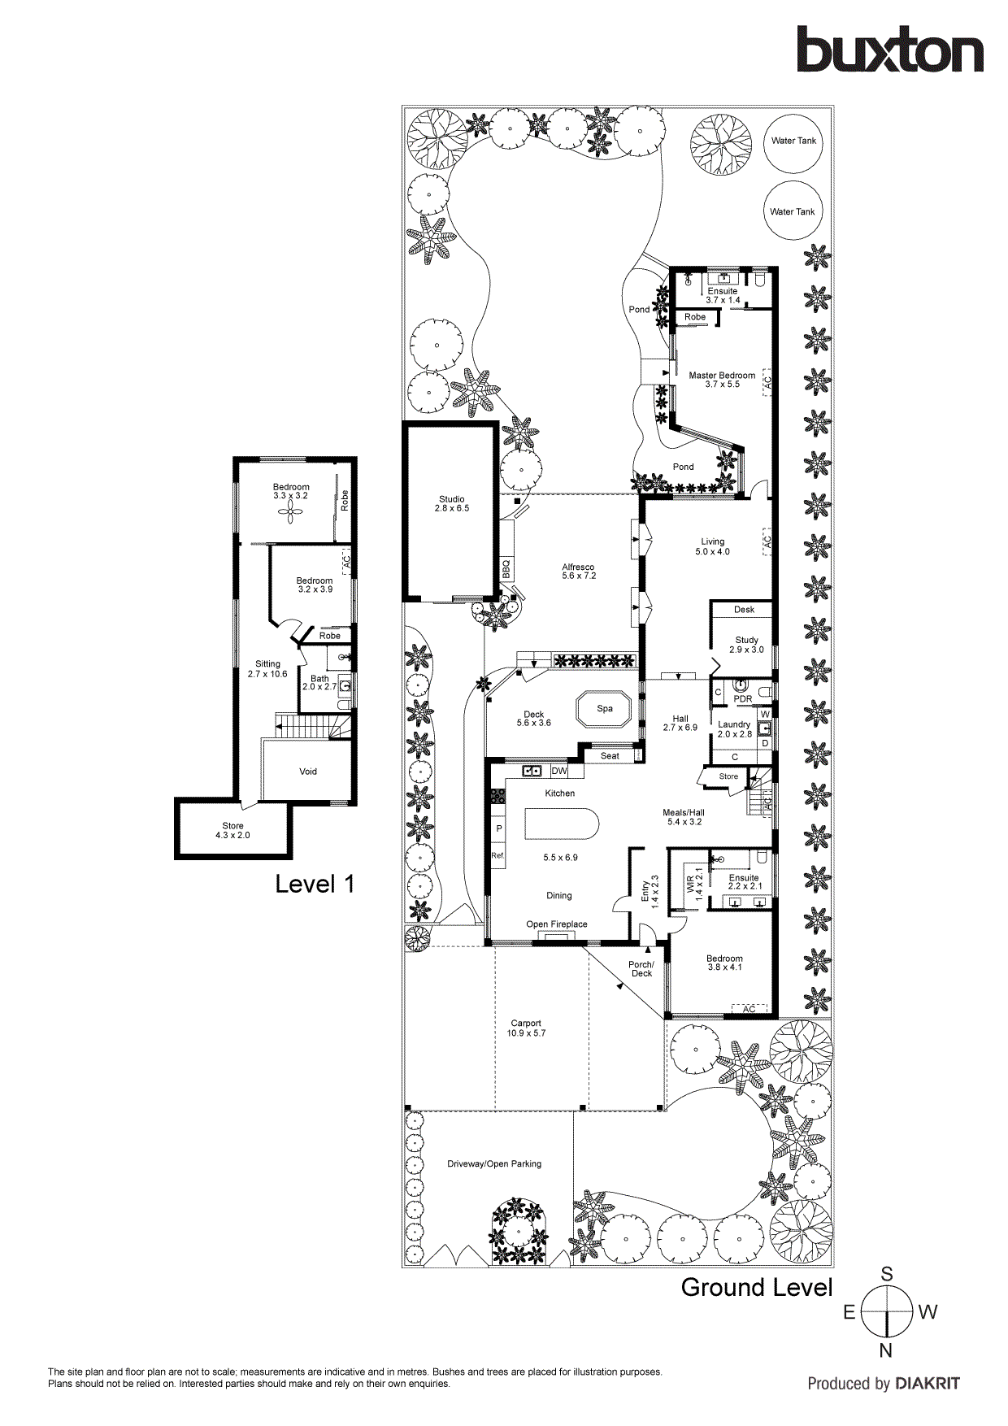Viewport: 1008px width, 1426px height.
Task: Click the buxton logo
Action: pos(889,50)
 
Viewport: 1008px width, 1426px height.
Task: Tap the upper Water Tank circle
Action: pos(793,141)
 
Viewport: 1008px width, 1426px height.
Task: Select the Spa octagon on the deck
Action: pos(604,709)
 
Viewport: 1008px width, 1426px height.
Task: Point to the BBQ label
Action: pos(506,568)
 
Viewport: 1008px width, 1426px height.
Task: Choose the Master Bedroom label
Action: pos(722,376)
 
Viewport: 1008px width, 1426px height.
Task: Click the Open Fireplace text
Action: pos(556,924)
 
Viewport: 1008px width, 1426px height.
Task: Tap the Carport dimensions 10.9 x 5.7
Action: pos(526,1033)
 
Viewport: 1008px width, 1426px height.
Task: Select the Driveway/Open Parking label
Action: pos(494,1164)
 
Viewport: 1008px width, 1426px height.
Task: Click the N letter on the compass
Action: pos(886,1351)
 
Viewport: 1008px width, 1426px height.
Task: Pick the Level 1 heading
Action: pos(315,885)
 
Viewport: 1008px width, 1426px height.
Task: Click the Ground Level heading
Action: pos(757,1288)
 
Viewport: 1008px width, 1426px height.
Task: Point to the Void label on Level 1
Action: pos(308,772)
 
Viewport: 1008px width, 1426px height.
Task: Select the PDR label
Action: pos(743,699)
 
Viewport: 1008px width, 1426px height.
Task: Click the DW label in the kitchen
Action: pos(559,771)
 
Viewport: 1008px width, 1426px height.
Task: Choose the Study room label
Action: pos(746,641)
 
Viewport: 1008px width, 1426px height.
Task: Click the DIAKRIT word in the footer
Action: pos(927,1384)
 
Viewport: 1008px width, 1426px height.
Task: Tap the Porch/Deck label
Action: pos(641,969)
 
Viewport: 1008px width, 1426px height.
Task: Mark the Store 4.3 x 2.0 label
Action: pos(233,830)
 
